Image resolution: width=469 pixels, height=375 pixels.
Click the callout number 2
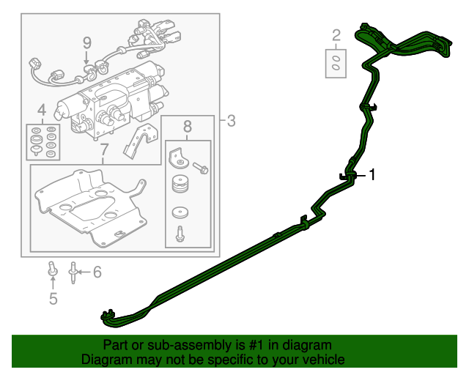[x=336, y=34]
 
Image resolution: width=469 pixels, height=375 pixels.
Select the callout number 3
[x=231, y=121]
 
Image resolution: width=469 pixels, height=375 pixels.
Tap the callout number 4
[x=41, y=110]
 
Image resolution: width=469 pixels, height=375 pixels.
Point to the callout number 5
[x=53, y=297]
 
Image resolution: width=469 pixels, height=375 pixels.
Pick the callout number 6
[x=97, y=272]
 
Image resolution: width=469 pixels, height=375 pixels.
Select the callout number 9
[x=86, y=42]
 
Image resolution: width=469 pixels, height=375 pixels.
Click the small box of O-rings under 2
[x=336, y=63]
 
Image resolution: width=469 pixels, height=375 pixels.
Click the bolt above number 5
[x=53, y=270]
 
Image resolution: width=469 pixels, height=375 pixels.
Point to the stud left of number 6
[x=73, y=272]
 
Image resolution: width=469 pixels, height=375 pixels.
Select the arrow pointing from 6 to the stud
[x=84, y=272]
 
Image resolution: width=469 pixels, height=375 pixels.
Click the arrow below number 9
[x=86, y=57]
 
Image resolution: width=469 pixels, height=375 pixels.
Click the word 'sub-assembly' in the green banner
[x=169, y=345]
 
